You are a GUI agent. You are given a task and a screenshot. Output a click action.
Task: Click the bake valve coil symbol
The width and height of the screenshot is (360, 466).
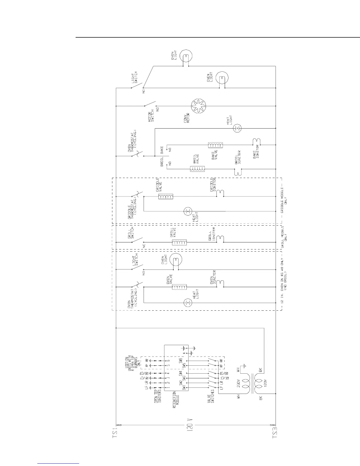[215, 145]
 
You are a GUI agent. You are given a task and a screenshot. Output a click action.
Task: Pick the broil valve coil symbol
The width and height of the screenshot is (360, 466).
[197, 169]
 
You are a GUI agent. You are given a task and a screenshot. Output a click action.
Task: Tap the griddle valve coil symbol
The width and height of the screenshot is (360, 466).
[166, 197]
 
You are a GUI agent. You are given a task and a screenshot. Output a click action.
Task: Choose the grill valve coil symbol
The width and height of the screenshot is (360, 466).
[179, 242]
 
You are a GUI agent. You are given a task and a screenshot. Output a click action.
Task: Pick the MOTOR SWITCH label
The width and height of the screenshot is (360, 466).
[151, 116]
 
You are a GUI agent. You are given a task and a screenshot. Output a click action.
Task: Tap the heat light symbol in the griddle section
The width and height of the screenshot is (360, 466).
[187, 211]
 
